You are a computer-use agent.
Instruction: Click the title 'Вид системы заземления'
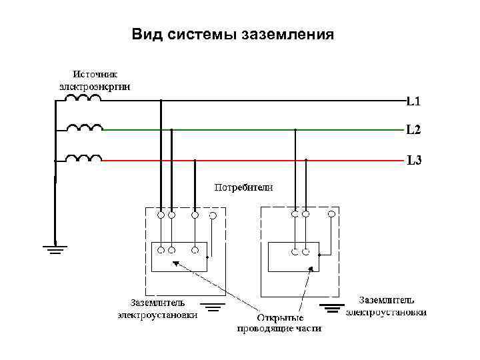[x=233, y=33]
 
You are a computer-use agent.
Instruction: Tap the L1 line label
[x=413, y=102]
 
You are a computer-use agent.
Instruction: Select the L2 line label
[x=413, y=129]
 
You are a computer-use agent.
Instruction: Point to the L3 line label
[x=414, y=160]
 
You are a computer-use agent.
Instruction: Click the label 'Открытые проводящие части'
[x=279, y=323]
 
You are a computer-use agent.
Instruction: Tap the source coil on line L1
[x=83, y=99]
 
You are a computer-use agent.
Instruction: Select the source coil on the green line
[x=84, y=127]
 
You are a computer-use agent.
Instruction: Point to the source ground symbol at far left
[x=55, y=251]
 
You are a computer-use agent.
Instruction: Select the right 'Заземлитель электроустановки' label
[x=387, y=306]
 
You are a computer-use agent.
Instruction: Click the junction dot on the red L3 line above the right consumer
[x=306, y=160]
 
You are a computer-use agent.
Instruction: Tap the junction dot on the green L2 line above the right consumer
[x=295, y=129]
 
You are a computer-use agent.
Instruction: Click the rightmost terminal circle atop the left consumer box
[x=213, y=215]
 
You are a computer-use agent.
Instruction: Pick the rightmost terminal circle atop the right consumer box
[x=331, y=215]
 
